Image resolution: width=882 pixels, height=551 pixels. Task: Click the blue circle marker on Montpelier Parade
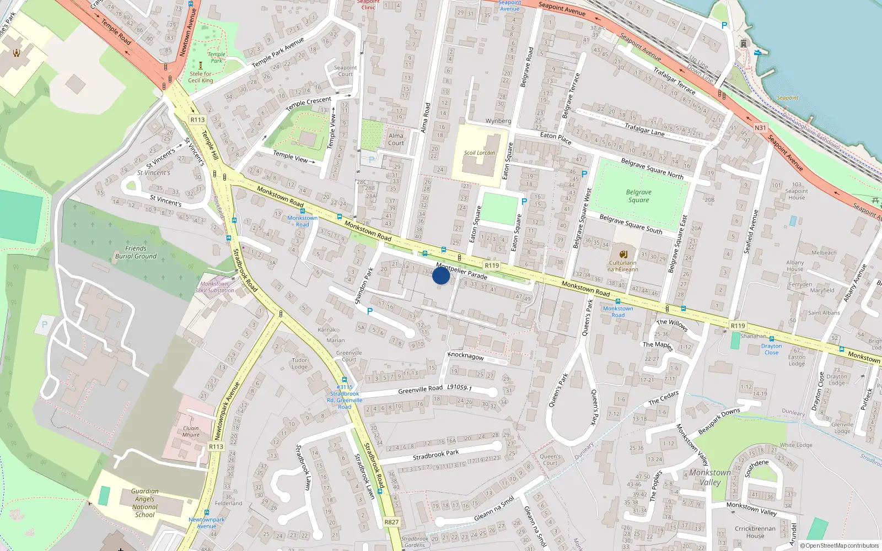point(441,275)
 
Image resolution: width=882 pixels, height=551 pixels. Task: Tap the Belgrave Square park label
point(638,196)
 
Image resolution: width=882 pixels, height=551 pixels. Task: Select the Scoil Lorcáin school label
point(479,153)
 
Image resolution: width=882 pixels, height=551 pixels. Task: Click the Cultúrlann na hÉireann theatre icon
point(623,254)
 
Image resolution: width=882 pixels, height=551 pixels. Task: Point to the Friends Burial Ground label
point(136,252)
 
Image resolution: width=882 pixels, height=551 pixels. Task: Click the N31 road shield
point(760,128)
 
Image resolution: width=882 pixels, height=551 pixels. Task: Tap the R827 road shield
point(391,522)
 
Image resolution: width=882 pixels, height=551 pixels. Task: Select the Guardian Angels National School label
point(144,503)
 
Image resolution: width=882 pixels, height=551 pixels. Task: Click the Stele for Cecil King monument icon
point(201,65)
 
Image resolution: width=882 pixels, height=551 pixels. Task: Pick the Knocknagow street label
point(466,356)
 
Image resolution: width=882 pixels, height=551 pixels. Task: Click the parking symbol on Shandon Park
point(369,311)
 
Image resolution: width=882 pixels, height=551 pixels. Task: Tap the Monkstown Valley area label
point(710,477)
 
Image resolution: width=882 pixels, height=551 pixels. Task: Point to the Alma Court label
point(396,139)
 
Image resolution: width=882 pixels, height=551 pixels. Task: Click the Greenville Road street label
point(420,390)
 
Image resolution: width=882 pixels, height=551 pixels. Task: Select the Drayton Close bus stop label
point(771,349)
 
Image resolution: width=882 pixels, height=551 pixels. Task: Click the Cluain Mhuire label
point(191,431)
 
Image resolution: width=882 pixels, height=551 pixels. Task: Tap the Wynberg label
point(498,121)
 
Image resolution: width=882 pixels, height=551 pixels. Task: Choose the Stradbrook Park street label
point(435,455)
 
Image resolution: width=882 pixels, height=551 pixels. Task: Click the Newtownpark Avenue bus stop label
point(206,522)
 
